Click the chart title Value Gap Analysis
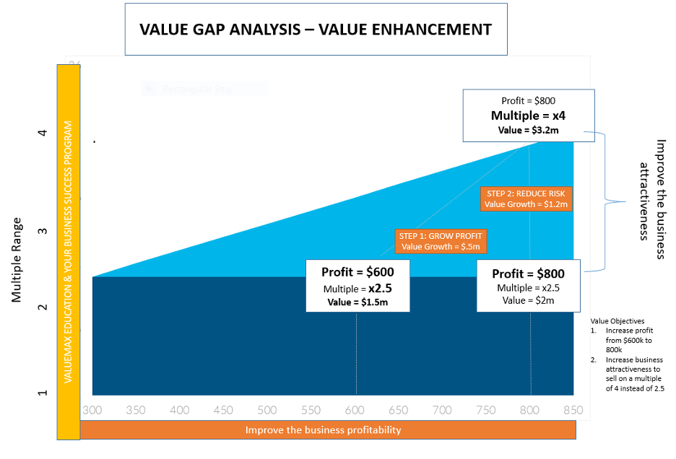[316, 30]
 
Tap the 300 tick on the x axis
[92, 410]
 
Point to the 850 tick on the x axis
[573, 410]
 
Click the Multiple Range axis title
[17, 259]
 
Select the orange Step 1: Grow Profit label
[441, 241]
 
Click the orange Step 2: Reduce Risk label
[526, 198]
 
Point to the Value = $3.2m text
[529, 131]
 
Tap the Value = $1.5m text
[357, 302]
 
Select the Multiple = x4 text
[529, 115]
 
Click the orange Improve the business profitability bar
[327, 430]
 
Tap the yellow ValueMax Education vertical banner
[68, 252]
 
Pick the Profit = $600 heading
[357, 272]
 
